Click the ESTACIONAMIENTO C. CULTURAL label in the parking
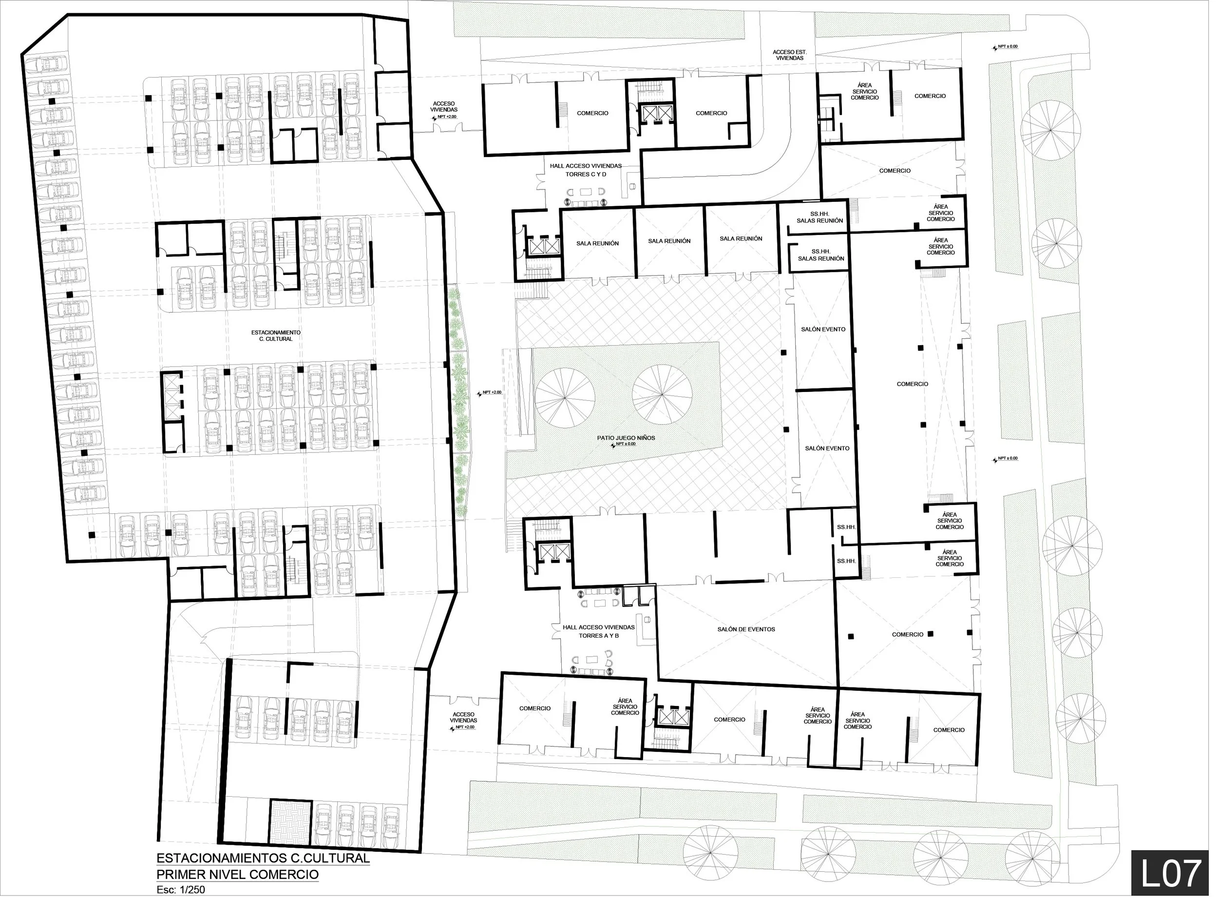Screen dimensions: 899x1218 [x=276, y=335]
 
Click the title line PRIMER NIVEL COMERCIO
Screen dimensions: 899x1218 [x=237, y=875]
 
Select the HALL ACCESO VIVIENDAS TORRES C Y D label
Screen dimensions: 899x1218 [x=585, y=170]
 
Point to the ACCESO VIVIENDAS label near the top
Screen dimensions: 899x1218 [x=444, y=107]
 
